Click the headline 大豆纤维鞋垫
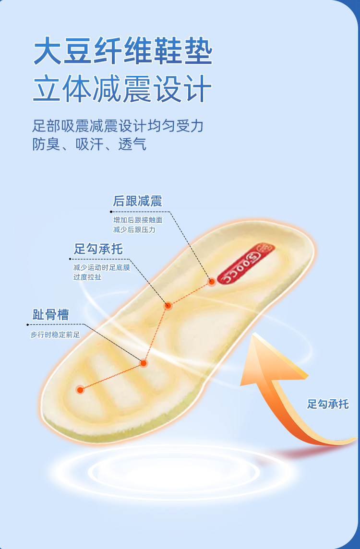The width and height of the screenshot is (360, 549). (x=123, y=51)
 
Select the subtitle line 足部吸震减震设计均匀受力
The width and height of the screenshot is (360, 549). (x=118, y=126)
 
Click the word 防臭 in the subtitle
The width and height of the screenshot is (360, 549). (x=46, y=144)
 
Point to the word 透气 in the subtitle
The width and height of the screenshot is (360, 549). (x=132, y=144)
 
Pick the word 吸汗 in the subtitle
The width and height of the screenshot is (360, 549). (x=89, y=144)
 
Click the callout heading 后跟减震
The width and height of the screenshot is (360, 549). (x=137, y=201)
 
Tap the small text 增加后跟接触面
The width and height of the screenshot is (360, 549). (x=138, y=220)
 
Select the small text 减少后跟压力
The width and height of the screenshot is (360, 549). (x=134, y=230)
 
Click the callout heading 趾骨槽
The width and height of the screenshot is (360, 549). (x=50, y=314)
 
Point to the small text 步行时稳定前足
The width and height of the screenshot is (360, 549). (x=55, y=334)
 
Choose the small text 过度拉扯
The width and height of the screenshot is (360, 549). (x=87, y=277)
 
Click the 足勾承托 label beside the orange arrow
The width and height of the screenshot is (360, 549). (x=328, y=404)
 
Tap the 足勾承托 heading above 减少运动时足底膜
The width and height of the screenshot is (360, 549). (x=98, y=249)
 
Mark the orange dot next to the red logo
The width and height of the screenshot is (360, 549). (x=211, y=282)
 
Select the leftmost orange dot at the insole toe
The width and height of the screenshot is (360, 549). (x=80, y=390)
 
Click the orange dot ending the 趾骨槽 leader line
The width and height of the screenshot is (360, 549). (x=143, y=363)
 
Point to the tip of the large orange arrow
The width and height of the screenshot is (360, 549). (x=253, y=333)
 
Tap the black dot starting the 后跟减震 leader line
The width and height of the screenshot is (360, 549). (x=111, y=212)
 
